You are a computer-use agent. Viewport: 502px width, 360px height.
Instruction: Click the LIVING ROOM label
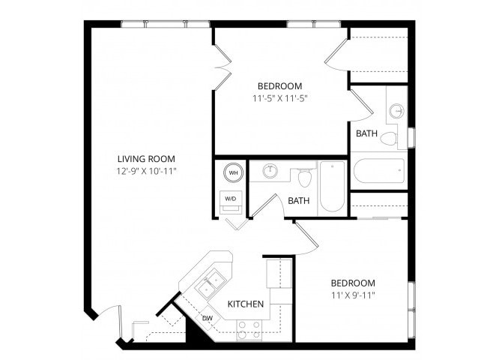pos(146,158)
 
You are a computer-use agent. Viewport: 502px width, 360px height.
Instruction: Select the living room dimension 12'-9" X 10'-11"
pos(146,171)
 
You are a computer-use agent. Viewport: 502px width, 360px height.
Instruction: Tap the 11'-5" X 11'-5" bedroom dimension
pos(280,98)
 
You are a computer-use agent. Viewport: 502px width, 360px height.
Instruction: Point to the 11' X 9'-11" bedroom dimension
pos(353,295)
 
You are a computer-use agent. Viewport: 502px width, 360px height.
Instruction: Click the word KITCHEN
pos(246,304)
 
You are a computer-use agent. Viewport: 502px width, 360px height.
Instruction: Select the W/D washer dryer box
pos(231,199)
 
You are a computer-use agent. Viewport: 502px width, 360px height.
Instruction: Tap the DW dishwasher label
pos(208,318)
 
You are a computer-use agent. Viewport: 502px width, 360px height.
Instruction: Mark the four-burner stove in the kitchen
pos(249,328)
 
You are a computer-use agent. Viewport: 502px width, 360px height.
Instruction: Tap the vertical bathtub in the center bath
pos(332,187)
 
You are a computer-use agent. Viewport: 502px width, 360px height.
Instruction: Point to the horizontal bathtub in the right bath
pos(378,170)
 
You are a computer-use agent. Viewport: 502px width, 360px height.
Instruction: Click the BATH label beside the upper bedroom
pos(366,133)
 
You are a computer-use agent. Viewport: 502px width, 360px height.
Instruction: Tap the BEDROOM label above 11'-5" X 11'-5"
pos(280,85)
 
